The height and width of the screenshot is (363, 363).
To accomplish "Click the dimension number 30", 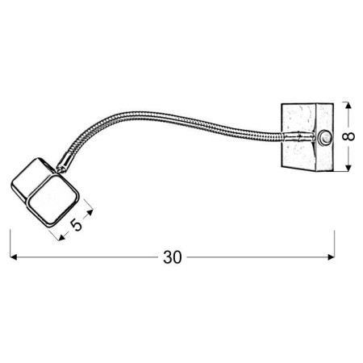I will click(172, 257).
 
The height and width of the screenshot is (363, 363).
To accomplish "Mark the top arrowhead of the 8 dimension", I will click(348, 106).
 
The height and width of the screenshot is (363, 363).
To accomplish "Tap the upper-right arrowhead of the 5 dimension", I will click(90, 213).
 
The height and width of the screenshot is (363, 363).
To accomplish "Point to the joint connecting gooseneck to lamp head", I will click(63, 166).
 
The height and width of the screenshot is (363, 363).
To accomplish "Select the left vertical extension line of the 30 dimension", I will click(10, 242).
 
